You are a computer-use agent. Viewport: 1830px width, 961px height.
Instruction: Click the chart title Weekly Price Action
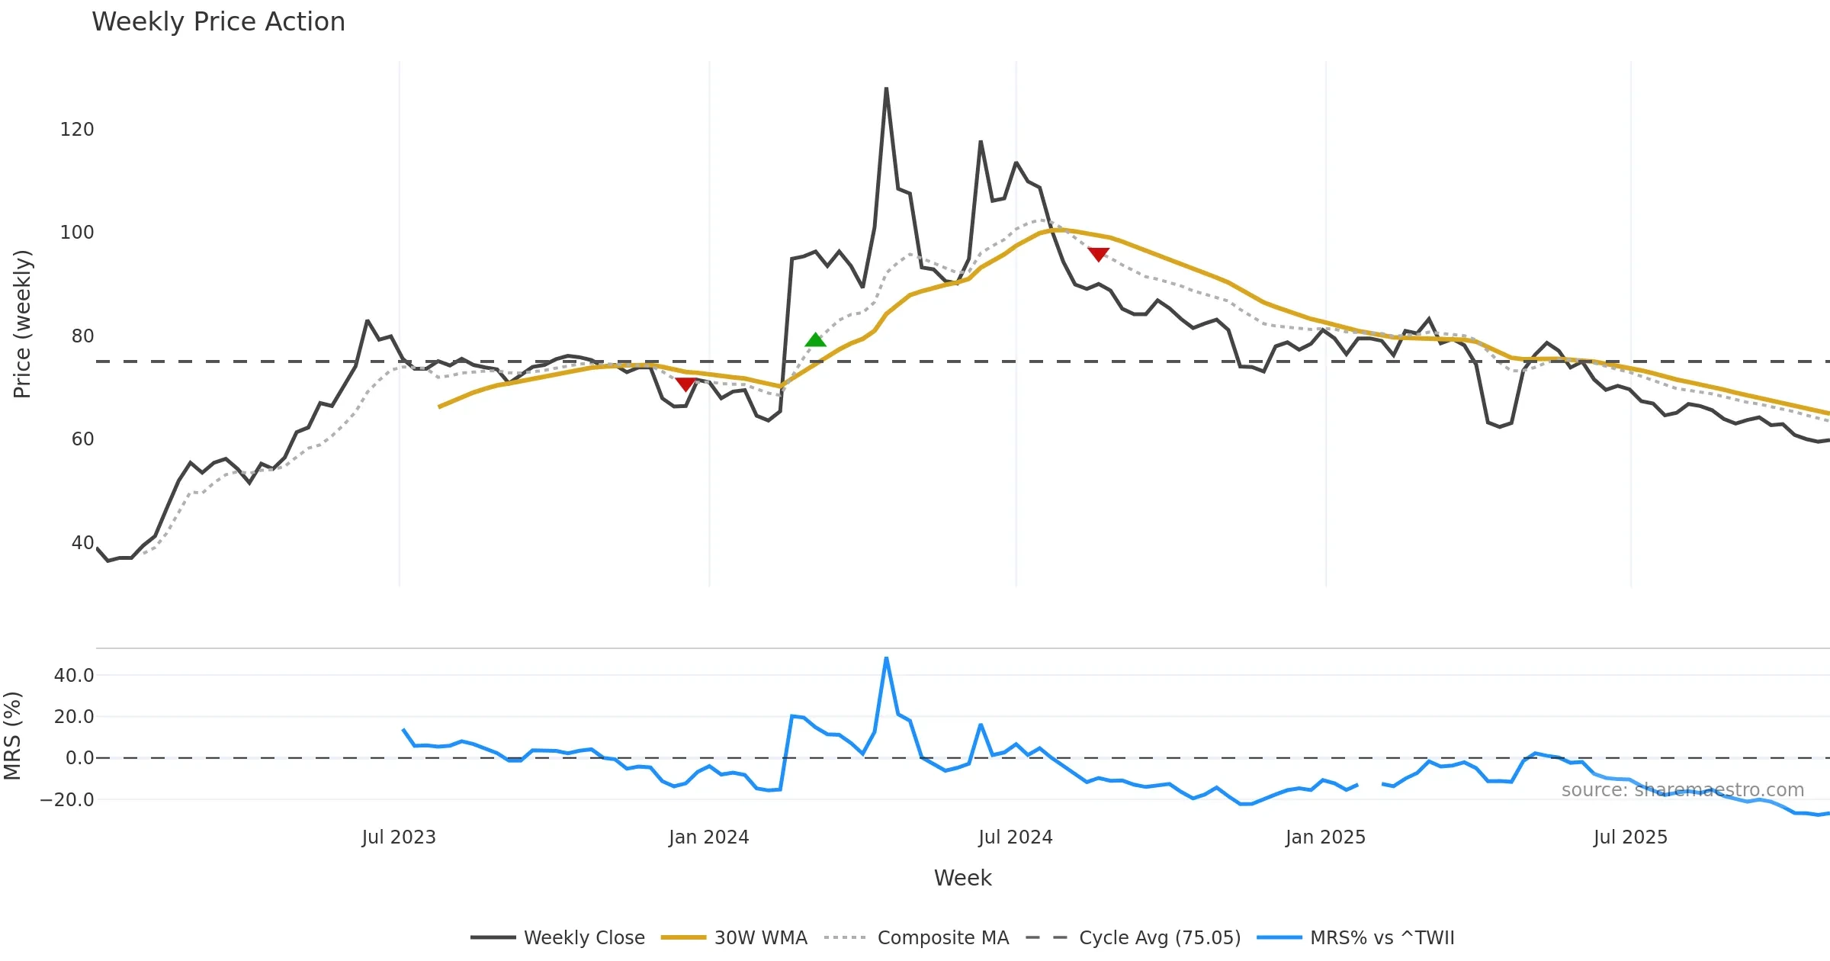[218, 22]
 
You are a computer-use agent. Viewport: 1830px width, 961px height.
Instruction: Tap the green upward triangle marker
[815, 340]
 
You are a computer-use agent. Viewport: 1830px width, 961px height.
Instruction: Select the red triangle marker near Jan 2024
[685, 384]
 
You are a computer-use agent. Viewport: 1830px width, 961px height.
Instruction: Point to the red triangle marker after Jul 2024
[1098, 254]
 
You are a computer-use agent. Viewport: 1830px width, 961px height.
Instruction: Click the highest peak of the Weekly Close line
[886, 89]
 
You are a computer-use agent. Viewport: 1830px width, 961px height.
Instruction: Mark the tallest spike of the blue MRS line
[886, 658]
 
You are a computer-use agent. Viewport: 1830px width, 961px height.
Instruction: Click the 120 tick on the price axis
[77, 130]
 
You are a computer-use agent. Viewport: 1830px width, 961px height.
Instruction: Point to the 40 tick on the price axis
[82, 543]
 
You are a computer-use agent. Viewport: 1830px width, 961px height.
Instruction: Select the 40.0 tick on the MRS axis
[74, 676]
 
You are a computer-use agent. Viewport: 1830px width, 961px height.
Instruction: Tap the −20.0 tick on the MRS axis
[67, 800]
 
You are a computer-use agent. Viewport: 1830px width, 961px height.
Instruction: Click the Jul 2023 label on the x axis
[399, 837]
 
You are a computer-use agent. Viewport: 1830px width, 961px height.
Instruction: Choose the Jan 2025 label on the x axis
[1325, 837]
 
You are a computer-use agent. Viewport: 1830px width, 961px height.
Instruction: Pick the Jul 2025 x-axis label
[1630, 837]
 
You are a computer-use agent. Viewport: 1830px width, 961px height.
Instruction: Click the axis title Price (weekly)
[22, 324]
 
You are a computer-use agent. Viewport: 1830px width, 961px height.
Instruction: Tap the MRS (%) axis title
[12, 736]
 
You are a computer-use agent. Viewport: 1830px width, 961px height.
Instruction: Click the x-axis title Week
[962, 879]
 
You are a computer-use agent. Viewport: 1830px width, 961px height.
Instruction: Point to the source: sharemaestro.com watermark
[1682, 790]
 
